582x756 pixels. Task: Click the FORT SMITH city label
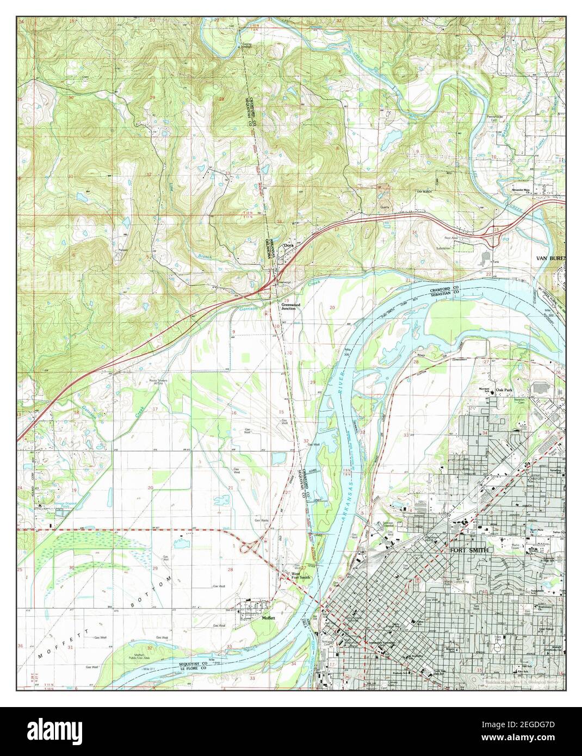click(471, 550)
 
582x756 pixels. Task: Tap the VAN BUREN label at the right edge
click(550, 258)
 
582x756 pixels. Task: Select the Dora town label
click(288, 246)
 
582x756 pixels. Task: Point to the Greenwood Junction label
click(288, 307)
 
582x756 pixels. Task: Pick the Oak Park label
click(506, 391)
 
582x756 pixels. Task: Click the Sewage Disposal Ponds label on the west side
click(61, 504)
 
